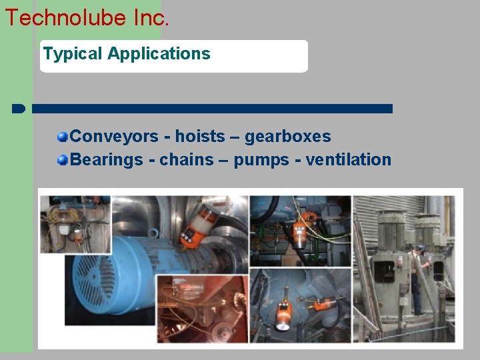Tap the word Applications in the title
tap(159, 54)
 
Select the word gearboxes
tap(287, 137)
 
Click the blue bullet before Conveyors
tap(63, 137)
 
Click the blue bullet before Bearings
tap(63, 160)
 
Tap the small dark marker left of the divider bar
tap(19, 108)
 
